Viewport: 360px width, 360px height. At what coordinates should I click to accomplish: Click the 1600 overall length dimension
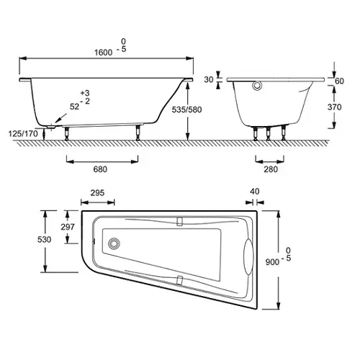click(103, 53)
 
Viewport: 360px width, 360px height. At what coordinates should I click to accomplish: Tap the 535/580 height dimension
click(186, 109)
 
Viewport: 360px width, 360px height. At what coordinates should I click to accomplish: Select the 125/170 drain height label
click(23, 133)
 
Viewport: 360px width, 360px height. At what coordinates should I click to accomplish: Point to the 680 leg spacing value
click(100, 169)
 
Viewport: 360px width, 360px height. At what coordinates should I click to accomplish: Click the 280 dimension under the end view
click(271, 169)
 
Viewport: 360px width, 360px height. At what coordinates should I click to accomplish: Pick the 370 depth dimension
click(334, 107)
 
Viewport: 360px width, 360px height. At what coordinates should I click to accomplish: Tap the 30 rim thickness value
click(209, 79)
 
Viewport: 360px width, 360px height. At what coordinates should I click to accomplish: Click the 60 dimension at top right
click(339, 81)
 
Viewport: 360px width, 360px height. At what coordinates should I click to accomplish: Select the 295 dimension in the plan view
click(97, 193)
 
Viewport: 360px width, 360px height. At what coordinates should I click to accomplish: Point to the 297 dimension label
click(68, 227)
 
